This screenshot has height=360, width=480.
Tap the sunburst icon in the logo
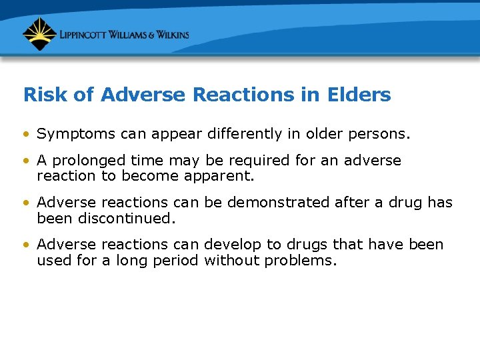coord(39,34)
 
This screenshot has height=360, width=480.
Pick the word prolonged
coord(89,161)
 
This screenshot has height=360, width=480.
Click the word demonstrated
coord(279,203)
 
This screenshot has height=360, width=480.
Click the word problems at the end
coord(301,259)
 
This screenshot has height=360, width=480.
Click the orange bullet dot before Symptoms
coord(25,134)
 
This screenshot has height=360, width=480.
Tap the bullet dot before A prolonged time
coord(25,161)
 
